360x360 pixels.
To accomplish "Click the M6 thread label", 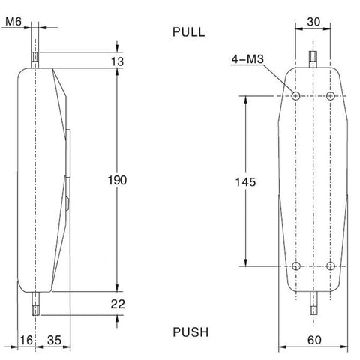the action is point(13,21).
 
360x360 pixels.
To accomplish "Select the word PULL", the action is point(189,32).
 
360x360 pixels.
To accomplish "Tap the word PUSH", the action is point(190,332).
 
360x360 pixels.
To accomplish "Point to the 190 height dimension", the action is point(117,180).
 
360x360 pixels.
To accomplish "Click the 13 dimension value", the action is point(117,61).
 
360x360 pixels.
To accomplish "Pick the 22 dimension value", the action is point(118,304).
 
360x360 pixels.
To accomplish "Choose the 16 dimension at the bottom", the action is point(26,340).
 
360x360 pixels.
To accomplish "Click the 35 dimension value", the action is point(54,340).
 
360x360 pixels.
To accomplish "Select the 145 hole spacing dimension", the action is point(245,182).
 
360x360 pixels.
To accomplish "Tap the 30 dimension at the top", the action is point(313,22).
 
